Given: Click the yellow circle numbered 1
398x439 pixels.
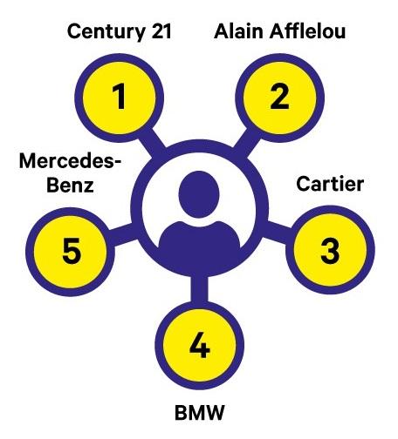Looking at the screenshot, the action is tap(120, 98).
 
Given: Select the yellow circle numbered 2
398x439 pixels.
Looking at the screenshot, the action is tap(279, 98).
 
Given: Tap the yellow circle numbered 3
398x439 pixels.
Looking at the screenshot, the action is tap(330, 250).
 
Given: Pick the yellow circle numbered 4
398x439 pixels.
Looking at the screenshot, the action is tap(200, 345).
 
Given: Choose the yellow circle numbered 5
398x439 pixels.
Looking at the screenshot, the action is tap(71, 252).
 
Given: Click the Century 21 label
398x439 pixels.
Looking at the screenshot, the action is tap(120, 31).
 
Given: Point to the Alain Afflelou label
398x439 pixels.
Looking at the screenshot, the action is tap(279, 31).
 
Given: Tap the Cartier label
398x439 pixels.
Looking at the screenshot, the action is tap(330, 184).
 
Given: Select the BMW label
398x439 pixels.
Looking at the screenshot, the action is tap(200, 413).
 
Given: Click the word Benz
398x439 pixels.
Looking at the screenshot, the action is tap(70, 185).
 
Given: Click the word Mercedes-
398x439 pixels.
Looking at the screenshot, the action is tap(70, 160).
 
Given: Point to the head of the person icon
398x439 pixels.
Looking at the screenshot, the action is tap(199, 194).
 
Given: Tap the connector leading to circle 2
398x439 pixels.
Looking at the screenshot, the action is tap(247, 144).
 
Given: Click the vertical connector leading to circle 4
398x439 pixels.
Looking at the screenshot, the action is tap(200, 289).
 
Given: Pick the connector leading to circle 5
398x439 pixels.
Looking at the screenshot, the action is tap(123, 234).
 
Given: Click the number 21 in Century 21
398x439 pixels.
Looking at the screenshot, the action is tap(161, 31).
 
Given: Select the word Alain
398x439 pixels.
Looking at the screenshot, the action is tap(239, 31).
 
